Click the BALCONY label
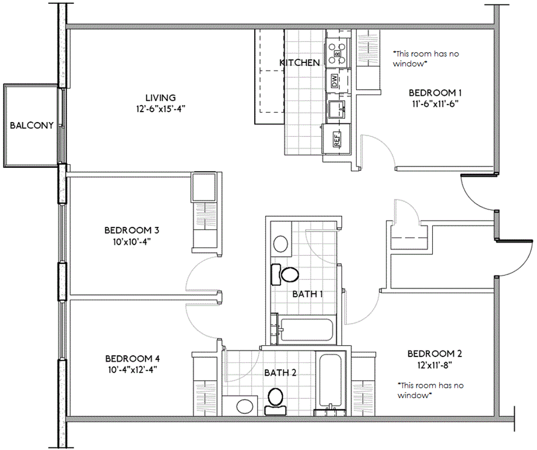32,125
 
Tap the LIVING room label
161,98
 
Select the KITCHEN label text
300,62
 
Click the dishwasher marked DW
335,80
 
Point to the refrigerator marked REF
336,139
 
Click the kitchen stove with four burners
337,54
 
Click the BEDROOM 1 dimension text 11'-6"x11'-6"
435,104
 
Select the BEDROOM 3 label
132,230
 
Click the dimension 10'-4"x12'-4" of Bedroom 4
132,370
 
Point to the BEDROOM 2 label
435,354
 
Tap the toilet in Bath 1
285,275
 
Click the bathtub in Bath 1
306,330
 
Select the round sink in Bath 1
281,243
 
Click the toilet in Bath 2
276,402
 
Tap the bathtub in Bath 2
331,384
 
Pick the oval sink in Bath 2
245,407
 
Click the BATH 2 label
280,372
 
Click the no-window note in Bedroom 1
426,59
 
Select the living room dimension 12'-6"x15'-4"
161,109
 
